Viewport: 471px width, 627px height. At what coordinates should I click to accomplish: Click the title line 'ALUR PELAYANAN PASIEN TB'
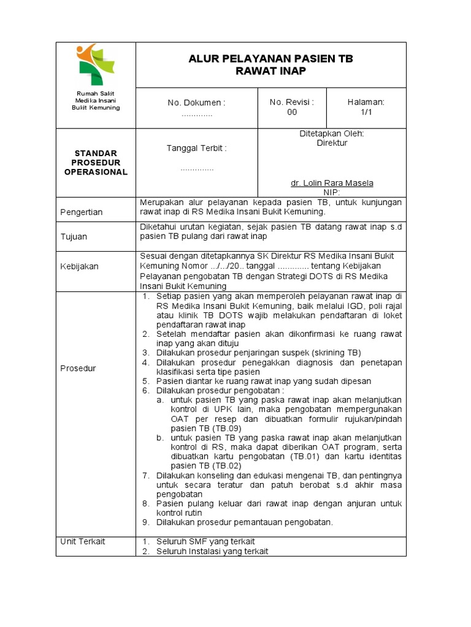[270, 59]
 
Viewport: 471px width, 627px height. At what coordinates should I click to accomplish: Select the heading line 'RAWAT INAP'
[270, 71]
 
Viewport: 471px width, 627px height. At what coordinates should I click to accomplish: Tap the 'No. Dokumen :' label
[197, 103]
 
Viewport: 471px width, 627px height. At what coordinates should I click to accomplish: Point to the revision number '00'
[292, 113]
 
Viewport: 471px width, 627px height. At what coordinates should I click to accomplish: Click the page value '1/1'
[366, 113]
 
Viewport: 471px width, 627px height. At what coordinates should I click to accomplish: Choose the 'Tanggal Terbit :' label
[197, 148]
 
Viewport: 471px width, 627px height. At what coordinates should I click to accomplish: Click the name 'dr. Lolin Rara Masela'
[332, 183]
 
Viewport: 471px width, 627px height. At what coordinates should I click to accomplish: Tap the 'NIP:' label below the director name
[332, 192]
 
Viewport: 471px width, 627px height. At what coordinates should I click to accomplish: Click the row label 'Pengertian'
[82, 212]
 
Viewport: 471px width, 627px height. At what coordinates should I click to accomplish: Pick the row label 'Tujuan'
[74, 236]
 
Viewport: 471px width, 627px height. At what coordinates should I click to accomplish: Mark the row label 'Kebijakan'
[79, 266]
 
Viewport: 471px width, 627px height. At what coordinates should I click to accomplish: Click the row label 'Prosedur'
[78, 368]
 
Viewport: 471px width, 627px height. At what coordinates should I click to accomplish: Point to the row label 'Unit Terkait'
[83, 541]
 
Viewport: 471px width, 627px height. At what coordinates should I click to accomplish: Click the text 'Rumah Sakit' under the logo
[96, 92]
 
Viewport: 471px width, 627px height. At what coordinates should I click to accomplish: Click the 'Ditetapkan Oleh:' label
[332, 133]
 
